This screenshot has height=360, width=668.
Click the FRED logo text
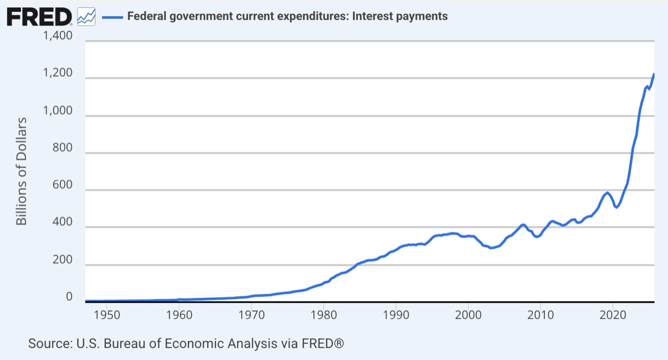[38, 16]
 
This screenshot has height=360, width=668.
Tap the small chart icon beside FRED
[86, 17]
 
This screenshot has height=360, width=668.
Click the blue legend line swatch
[111, 16]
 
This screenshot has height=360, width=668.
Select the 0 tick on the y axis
[69, 297]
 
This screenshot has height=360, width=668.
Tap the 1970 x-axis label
[252, 314]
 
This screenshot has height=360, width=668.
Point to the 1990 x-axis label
[396, 314]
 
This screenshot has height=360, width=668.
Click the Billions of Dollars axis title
[21, 172]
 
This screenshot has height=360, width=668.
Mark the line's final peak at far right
[653, 74]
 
